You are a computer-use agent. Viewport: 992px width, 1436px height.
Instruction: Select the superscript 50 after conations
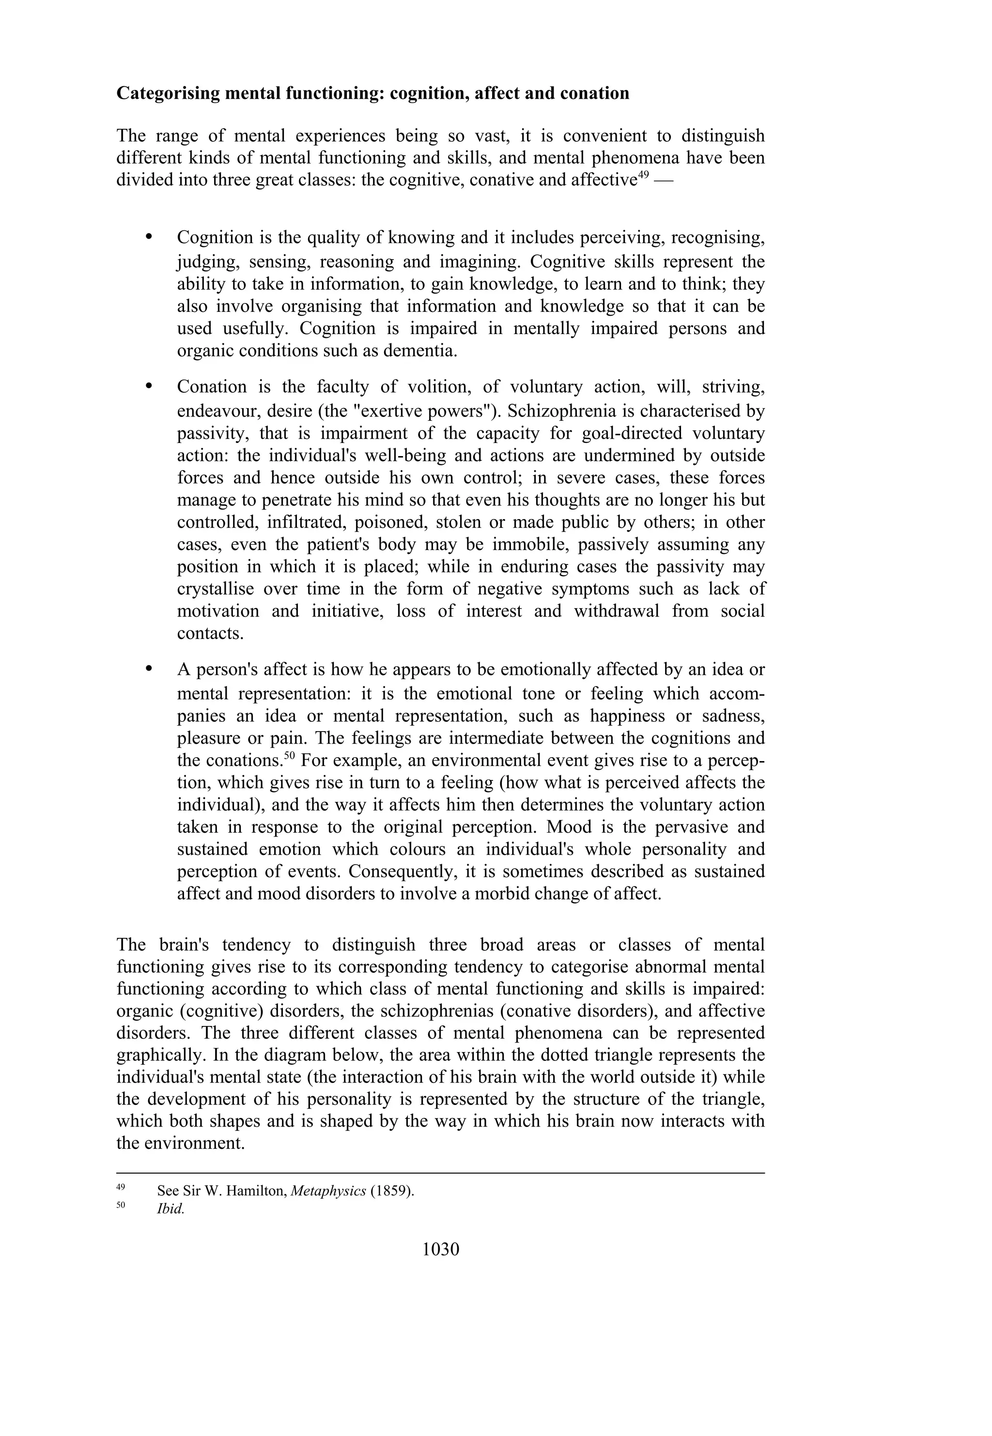click(289, 755)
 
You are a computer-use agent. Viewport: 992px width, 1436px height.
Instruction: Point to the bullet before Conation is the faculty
click(149, 386)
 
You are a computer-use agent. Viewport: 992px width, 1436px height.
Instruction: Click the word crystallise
click(215, 589)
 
